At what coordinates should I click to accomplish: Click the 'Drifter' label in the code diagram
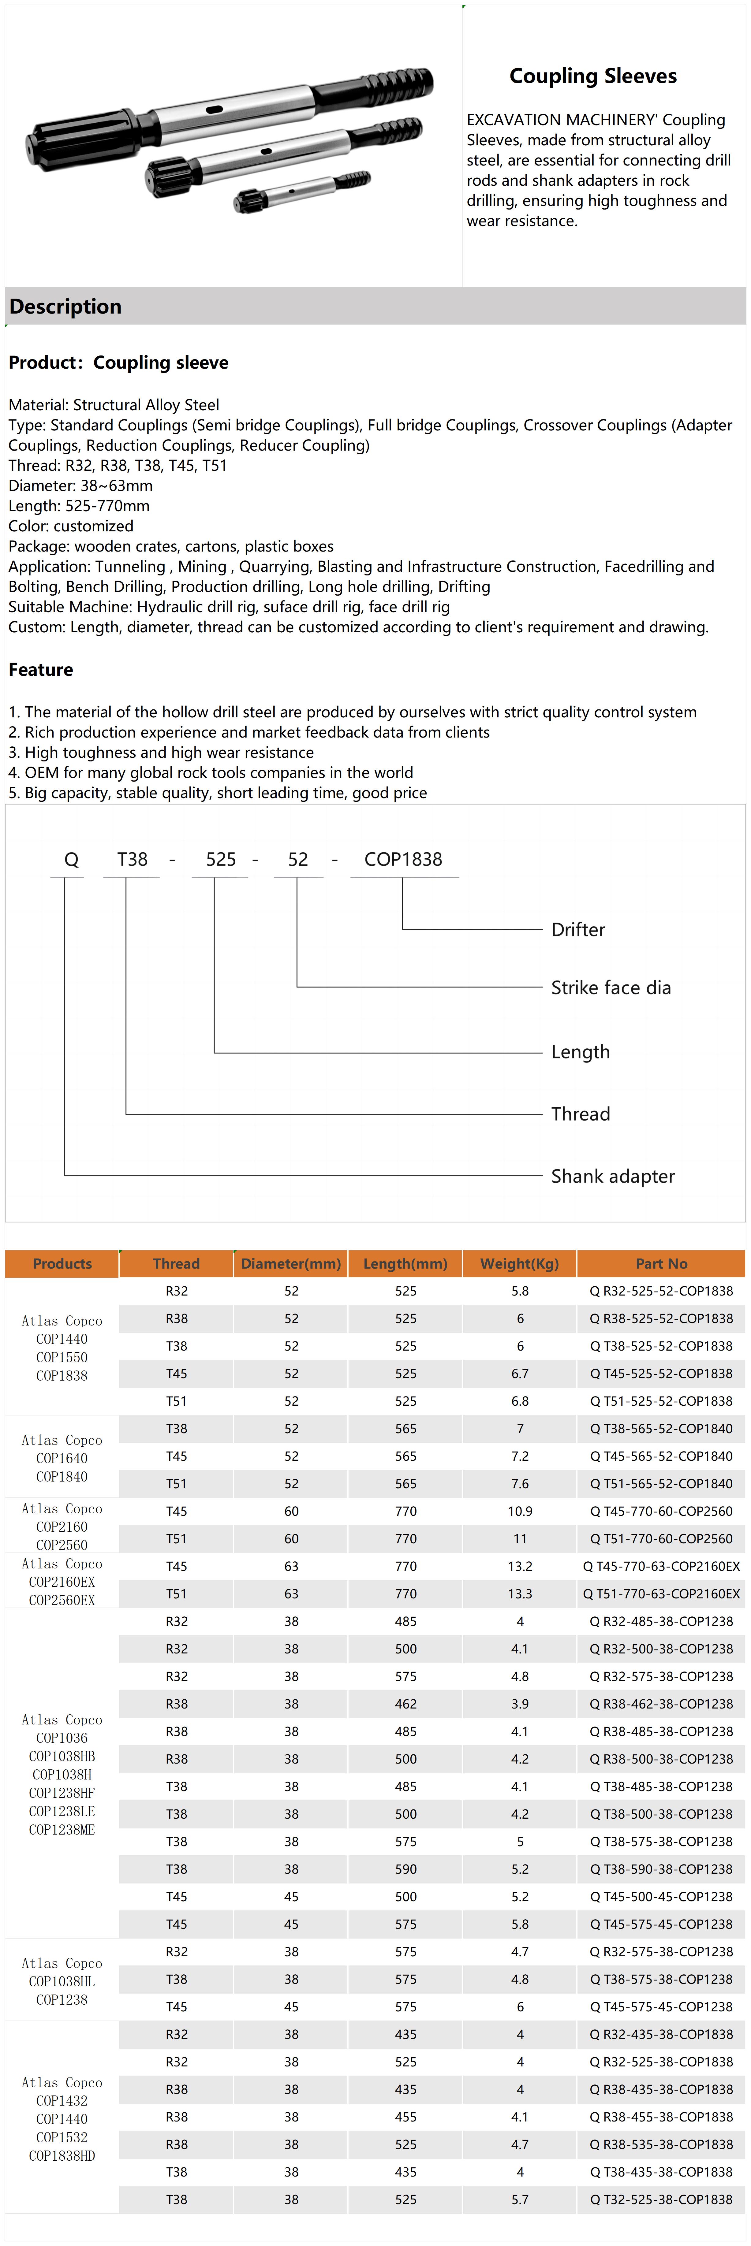(577, 929)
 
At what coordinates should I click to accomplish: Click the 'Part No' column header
(661, 1263)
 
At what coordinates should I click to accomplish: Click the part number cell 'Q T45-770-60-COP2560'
(661, 1511)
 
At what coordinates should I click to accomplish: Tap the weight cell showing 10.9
(520, 1511)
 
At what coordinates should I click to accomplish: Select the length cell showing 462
(405, 1704)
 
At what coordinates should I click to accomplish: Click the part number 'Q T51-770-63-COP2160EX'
(661, 1594)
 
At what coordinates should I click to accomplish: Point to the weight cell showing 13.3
(520, 1594)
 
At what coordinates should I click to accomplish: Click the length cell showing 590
(405, 1869)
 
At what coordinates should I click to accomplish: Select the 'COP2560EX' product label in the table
(62, 1600)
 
